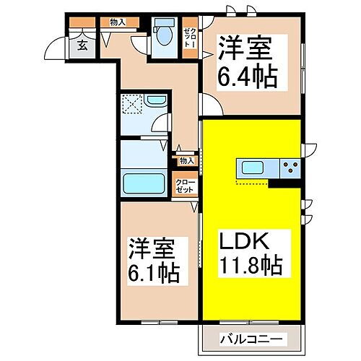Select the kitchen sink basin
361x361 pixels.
point(251,170)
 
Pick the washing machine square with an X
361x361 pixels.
point(132,106)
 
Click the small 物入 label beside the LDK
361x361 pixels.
point(186,160)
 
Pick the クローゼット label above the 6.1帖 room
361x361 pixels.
point(186,185)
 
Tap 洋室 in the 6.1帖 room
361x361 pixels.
point(154,248)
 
